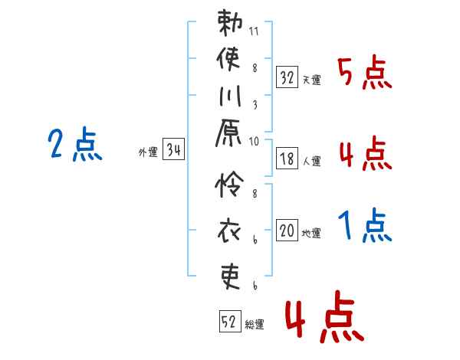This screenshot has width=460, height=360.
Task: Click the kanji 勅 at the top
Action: point(230,22)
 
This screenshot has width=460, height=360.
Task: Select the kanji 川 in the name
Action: point(230,96)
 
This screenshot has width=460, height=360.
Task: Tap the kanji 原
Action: point(228,133)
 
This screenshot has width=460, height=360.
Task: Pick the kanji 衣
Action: point(229,231)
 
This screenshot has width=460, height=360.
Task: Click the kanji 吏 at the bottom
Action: point(231,277)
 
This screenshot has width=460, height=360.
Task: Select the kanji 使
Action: point(228,59)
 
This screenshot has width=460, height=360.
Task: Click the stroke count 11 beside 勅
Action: point(254,31)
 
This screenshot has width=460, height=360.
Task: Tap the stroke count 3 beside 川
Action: point(255,105)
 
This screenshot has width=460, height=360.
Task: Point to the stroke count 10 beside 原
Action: point(254,142)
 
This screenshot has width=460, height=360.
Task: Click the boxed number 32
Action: point(287,77)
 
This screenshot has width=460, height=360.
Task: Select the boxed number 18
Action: point(287,159)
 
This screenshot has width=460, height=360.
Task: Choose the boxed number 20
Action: point(287,231)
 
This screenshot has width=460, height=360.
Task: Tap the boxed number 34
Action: point(174,149)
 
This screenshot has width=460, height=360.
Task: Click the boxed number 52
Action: point(230,321)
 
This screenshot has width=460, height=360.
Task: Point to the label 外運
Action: point(148,152)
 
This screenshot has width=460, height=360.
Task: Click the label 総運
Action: point(255,325)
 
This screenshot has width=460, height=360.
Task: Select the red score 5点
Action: point(365,73)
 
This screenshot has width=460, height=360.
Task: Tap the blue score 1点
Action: point(365,225)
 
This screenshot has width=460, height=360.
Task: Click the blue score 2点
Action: point(75,144)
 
